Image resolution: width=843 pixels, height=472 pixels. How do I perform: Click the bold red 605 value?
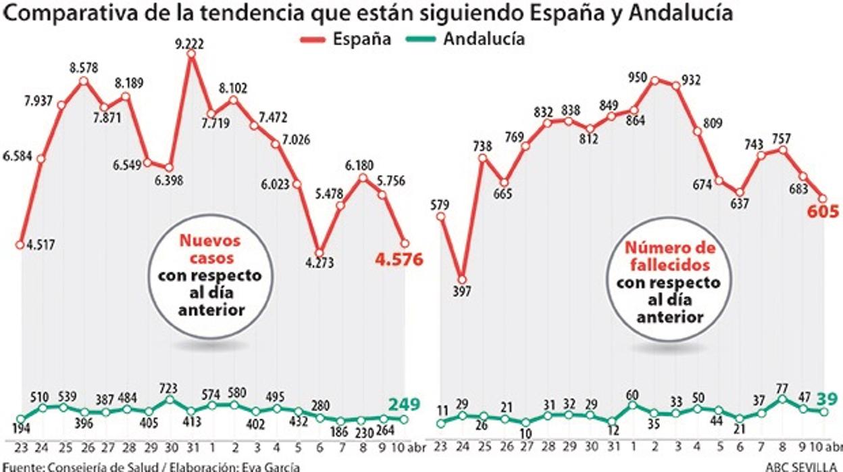pyautogui.click(x=821, y=212)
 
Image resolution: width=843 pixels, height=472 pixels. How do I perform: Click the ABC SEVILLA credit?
pyautogui.click(x=803, y=466)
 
